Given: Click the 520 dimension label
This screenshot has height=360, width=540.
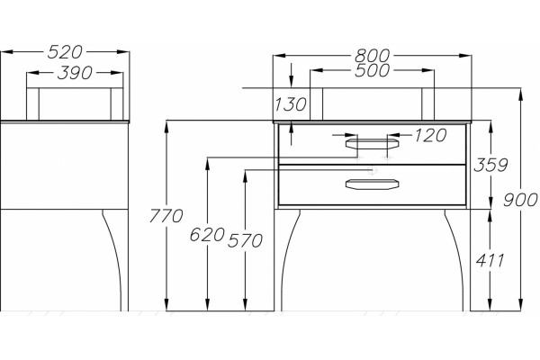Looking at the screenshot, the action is (65, 52).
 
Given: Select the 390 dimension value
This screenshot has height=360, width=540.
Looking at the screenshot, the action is (75, 73).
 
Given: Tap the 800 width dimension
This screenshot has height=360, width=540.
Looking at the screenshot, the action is (373, 55).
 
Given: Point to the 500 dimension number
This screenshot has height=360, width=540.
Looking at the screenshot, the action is (373, 70).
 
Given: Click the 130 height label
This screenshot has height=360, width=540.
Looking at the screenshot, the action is (290, 104).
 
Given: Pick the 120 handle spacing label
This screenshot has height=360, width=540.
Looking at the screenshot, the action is (430, 135).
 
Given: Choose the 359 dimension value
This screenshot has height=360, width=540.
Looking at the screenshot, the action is (490, 165).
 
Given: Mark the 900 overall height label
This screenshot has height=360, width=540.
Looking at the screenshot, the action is (520, 200).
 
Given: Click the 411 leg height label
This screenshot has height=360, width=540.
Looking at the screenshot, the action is (490, 260).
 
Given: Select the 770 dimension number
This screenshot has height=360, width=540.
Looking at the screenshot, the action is (166, 216).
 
